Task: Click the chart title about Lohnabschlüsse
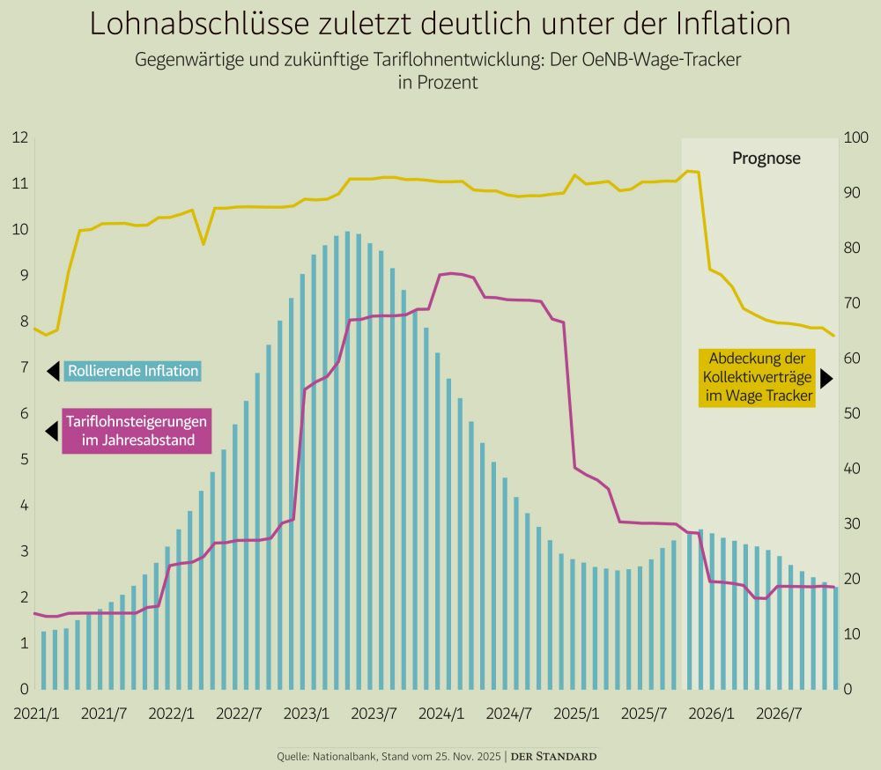[440, 24]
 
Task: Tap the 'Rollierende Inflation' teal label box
[133, 371]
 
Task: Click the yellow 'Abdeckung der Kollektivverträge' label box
[757, 378]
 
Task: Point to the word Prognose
[766, 159]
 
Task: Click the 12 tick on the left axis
[19, 137]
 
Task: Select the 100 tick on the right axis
[855, 137]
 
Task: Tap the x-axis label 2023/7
[374, 713]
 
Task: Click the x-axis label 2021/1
[36, 713]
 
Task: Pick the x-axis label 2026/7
[778, 713]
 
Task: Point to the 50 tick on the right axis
[852, 413]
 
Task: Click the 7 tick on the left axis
[24, 367]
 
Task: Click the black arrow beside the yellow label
[825, 378]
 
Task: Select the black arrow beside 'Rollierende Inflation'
[53, 371]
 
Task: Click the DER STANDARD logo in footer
[554, 756]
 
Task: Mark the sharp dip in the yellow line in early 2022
[204, 243]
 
